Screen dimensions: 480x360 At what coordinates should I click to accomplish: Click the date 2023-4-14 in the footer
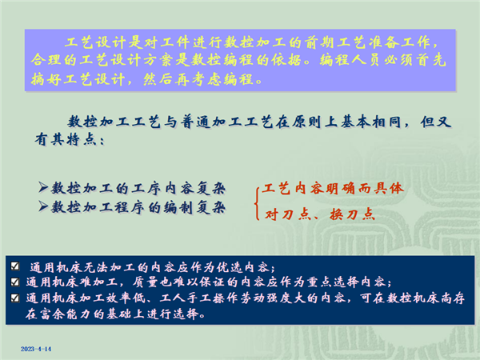click(x=36, y=349)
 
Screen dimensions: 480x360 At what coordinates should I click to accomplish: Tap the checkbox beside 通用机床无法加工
click(x=15, y=266)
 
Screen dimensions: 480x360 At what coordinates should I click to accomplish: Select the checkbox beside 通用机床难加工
click(x=15, y=282)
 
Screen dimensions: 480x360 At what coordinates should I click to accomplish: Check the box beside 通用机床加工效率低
click(x=15, y=298)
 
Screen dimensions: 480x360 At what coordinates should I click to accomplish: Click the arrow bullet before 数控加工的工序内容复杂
click(x=43, y=186)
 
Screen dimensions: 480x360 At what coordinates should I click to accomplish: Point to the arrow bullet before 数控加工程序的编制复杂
click(x=43, y=206)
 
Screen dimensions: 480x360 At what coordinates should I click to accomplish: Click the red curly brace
click(x=258, y=202)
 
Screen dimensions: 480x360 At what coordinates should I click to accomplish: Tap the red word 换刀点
click(x=352, y=214)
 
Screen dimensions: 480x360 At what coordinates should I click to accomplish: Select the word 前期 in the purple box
click(x=320, y=42)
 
